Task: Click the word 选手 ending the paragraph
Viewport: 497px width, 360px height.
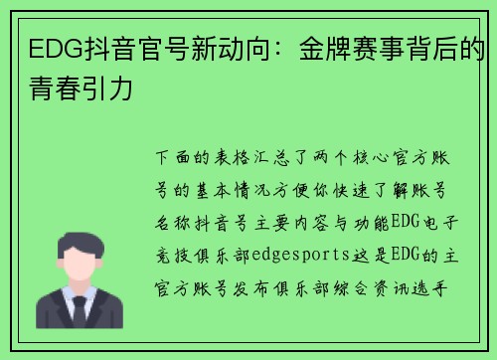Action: pos(453,284)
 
